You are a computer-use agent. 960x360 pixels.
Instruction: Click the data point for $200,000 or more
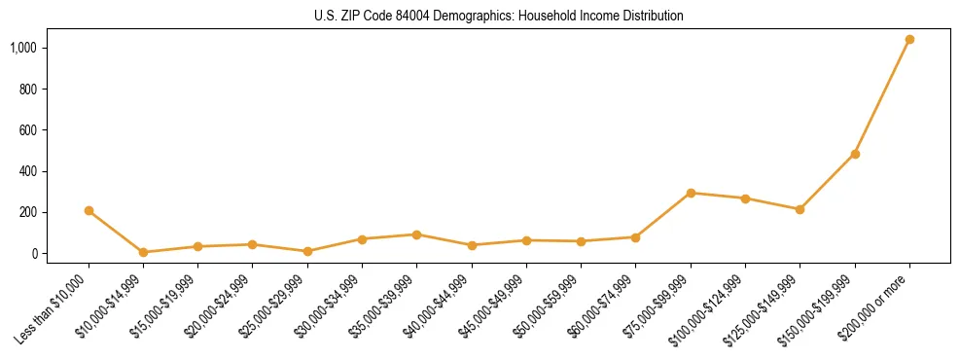pos(909,40)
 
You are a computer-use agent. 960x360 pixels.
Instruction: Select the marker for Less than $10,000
pos(89,210)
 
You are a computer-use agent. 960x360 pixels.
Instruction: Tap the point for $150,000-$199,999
pos(855,154)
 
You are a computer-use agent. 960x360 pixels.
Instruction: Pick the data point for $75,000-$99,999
pos(691,193)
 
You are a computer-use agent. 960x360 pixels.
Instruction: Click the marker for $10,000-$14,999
pos(143,252)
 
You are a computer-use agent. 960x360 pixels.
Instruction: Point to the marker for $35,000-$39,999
pos(416,234)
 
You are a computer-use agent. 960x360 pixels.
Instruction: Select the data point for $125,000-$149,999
pos(800,209)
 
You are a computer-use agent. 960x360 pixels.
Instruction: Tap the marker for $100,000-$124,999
pos(745,198)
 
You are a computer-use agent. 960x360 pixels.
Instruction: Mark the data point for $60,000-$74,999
pos(635,237)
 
